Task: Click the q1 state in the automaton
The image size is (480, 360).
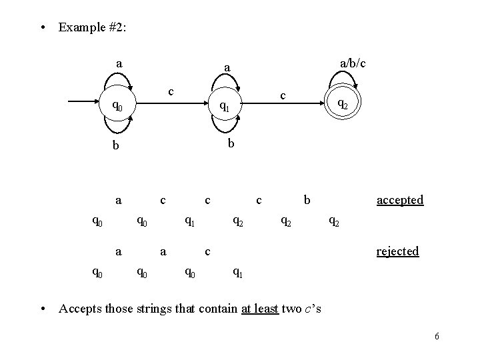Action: pos(226,107)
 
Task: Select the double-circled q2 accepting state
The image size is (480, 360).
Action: pos(341,103)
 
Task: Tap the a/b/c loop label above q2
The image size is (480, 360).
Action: pos(353,63)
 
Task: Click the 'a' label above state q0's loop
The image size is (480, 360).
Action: pos(118,64)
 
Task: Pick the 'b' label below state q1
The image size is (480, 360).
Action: pos(229,143)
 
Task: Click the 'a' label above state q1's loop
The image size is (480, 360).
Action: pos(227,68)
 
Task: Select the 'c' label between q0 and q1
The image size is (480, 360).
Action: pos(171,90)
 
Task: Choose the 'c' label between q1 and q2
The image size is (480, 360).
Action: pos(283,95)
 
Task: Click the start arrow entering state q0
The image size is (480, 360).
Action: pos(83,101)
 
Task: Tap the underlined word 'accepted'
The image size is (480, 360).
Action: pos(399,199)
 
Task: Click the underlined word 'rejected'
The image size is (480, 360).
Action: pos(398,251)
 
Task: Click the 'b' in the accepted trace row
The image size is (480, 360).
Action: pos(306,199)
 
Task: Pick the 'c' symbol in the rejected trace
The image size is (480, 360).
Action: pos(208,251)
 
